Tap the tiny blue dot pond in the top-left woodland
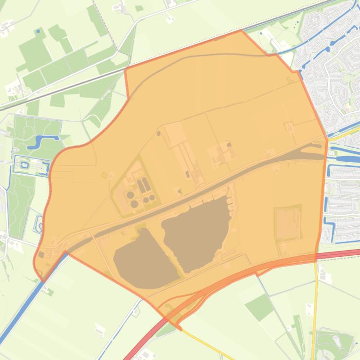tap(37, 31)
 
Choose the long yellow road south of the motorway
tap(315, 304)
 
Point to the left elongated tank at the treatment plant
tap(140, 186)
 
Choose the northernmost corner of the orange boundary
tap(242, 30)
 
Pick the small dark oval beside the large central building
tap(159, 133)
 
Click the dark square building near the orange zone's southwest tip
tap(42, 255)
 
